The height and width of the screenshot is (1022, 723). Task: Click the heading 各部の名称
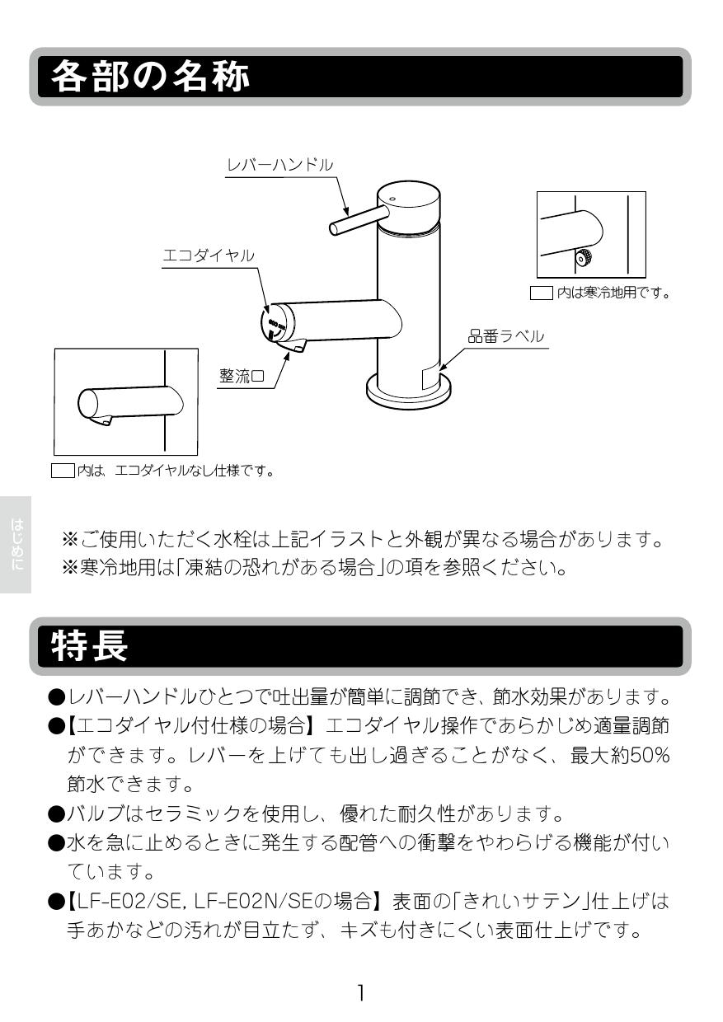pyautogui.click(x=150, y=77)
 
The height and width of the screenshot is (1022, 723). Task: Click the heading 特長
pyautogui.click(x=90, y=645)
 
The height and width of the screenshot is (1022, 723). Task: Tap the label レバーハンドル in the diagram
pyautogui.click(x=279, y=165)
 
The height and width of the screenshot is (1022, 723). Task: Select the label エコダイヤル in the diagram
pyautogui.click(x=208, y=256)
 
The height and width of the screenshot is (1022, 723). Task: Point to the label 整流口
pyautogui.click(x=241, y=376)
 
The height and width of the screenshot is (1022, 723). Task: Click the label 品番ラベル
pyautogui.click(x=505, y=336)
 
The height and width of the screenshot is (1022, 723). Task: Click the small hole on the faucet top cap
pyautogui.click(x=392, y=199)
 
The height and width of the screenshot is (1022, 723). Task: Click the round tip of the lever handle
pyautogui.click(x=334, y=227)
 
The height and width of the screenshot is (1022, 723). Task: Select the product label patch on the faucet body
pyautogui.click(x=431, y=377)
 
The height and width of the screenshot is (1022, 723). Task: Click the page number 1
pyautogui.click(x=360, y=992)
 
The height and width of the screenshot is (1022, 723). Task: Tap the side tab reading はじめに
pyautogui.click(x=16, y=544)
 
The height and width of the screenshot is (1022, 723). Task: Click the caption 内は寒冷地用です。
pyautogui.click(x=613, y=292)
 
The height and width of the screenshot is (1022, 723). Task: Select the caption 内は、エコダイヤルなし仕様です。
pyautogui.click(x=174, y=471)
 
